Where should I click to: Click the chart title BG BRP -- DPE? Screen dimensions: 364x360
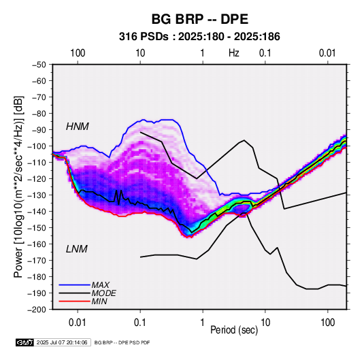coord(200,19)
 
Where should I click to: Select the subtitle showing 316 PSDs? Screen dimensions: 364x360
coord(199,37)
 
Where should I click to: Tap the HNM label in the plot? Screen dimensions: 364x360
coord(78,127)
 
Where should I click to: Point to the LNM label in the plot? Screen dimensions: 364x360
coord(77,249)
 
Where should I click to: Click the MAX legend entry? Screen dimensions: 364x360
coord(101,285)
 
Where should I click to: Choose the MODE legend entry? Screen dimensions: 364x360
coord(104,293)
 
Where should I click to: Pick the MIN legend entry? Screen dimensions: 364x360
coord(99,301)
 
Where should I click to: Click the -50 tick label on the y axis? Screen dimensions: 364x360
coord(39,65)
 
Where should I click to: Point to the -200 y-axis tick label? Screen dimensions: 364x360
coord(37,310)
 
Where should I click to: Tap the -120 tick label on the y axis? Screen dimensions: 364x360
coord(37,178)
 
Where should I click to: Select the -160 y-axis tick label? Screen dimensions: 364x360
coord(37,244)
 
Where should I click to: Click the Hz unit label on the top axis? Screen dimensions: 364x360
coord(234,53)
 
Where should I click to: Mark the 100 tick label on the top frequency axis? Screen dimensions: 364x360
coord(78,53)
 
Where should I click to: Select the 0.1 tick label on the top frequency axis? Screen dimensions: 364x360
coord(265,53)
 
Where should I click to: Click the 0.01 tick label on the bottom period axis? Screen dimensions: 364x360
coord(78,323)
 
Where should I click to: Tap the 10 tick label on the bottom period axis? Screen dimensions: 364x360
coord(265,323)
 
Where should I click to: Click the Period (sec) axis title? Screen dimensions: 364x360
coord(234,330)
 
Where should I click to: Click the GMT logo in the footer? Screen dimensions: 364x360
coord(25,342)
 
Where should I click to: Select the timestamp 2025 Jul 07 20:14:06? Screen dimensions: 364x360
coord(62,342)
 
